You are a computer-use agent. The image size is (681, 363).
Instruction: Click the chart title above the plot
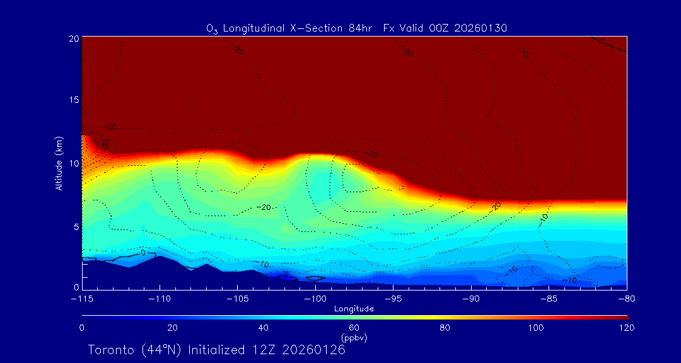coord(356,28)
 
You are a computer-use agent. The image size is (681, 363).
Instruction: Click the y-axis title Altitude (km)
coord(59,163)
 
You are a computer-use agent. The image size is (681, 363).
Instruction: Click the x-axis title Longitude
coord(354,309)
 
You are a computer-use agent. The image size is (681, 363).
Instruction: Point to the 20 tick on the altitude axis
coord(73,38)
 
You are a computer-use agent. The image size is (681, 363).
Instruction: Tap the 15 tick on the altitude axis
coord(73,101)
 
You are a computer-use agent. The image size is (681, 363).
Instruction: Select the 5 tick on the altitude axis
coord(76,226)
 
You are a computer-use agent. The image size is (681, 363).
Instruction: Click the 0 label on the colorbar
coord(82,328)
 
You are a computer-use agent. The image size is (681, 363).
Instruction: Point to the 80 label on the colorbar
coord(445,328)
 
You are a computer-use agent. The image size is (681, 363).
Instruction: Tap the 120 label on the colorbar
coord(626,328)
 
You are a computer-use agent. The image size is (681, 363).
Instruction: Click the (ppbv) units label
coord(354,338)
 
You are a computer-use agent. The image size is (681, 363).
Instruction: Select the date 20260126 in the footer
coord(313,350)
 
